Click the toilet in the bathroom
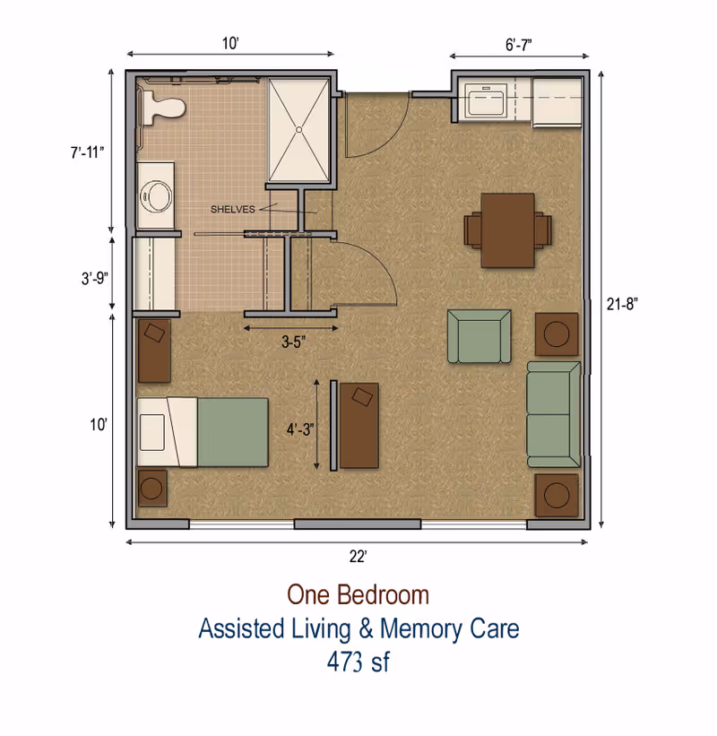[x=161, y=108]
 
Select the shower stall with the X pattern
[x=300, y=130]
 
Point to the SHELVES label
[x=232, y=209]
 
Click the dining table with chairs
[x=507, y=229]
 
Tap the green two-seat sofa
[x=553, y=413]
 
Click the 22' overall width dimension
[x=358, y=557]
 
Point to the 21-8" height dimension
[x=621, y=304]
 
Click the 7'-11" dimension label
[x=88, y=152]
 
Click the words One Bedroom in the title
[x=358, y=594]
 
